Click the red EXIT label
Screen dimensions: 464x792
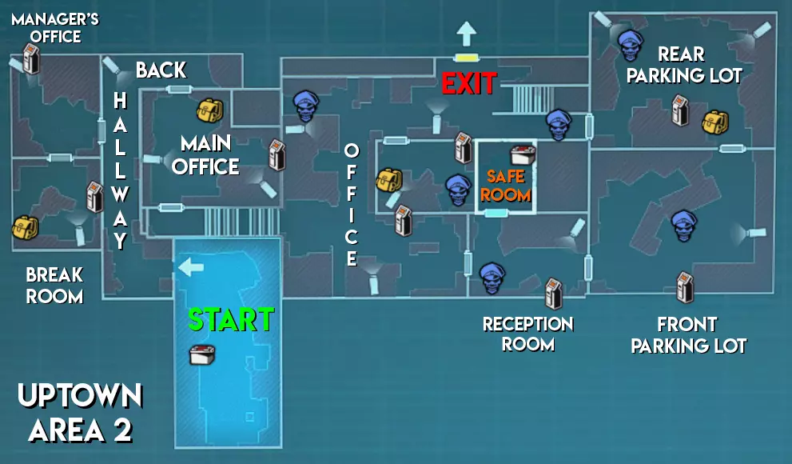469,82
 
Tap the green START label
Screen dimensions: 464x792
230,319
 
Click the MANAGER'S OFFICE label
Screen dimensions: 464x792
55,27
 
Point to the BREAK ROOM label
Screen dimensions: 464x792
54,286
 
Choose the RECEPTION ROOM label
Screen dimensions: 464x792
527,334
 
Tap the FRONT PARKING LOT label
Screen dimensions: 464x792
688,335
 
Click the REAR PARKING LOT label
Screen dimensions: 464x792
684,65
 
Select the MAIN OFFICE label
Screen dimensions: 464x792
205,155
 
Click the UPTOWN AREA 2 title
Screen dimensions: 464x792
80,413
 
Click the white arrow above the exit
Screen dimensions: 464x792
465,34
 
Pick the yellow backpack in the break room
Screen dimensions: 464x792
24,228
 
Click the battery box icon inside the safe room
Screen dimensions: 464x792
523,154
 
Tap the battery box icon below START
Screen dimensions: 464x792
201,354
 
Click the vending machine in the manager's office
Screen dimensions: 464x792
31,59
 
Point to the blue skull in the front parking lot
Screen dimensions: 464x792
683,226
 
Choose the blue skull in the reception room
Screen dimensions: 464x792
492,278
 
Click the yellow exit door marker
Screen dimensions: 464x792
465,58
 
